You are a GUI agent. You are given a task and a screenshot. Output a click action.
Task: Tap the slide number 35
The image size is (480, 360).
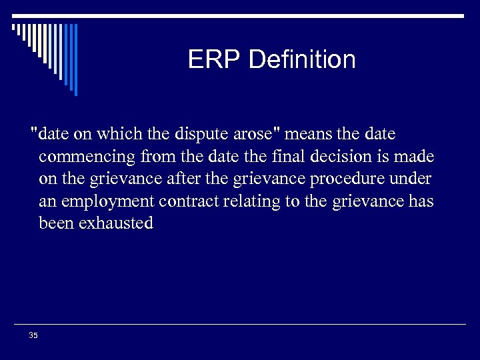(x=33, y=335)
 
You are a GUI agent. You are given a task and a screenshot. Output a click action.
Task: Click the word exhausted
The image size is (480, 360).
(x=116, y=223)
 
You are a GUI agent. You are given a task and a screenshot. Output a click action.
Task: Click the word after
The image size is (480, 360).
(x=179, y=179)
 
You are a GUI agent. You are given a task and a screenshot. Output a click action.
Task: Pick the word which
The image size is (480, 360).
(x=117, y=135)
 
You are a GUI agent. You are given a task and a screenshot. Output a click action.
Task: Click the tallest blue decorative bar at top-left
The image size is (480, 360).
(x=75, y=59)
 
